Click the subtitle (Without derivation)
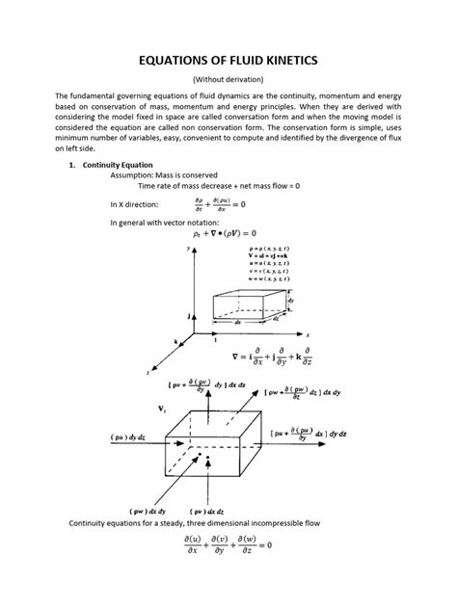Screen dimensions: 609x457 tap(228, 81)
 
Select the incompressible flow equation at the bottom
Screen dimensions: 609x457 tap(228, 546)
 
